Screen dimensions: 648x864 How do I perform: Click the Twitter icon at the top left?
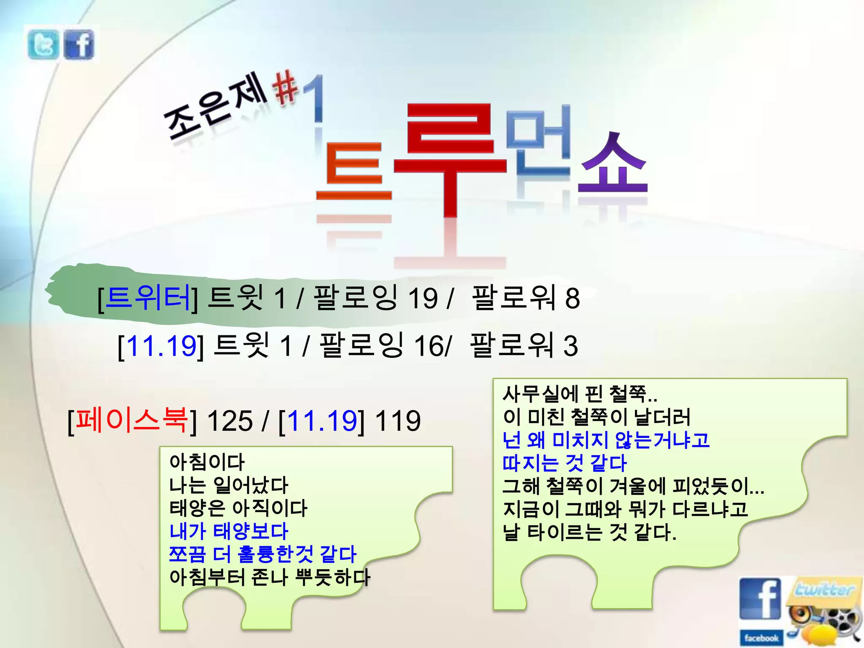coord(43,44)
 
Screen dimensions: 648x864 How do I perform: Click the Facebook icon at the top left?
coord(79,44)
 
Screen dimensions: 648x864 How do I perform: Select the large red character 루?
coord(449,156)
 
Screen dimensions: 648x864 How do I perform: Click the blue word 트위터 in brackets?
coord(148,297)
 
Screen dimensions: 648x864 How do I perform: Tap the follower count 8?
coord(572,299)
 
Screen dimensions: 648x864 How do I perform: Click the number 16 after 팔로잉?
coord(428,346)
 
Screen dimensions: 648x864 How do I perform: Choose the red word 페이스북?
coord(132,420)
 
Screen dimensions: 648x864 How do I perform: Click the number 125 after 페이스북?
coord(229,421)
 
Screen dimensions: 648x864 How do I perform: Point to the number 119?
coord(397,421)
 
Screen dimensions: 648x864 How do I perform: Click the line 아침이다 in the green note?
coord(207,462)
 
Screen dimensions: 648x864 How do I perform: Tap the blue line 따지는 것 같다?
coord(564,463)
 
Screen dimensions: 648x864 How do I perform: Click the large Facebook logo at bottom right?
coord(760,599)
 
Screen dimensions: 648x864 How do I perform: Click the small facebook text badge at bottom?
coord(761,638)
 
